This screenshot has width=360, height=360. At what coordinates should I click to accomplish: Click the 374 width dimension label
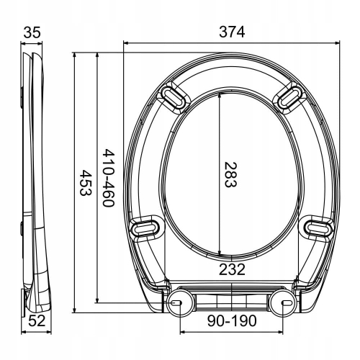pos(232,32)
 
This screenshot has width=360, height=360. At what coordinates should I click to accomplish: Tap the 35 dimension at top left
pos(32,32)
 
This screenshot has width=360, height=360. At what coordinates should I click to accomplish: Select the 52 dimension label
pos(37,321)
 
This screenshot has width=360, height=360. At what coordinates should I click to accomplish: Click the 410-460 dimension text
pos(109,178)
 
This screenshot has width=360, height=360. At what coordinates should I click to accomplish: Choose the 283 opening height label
pos(230,174)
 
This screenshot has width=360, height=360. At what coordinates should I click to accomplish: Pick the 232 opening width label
pos(232,269)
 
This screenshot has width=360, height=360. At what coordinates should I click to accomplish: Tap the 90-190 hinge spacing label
pos(232,321)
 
